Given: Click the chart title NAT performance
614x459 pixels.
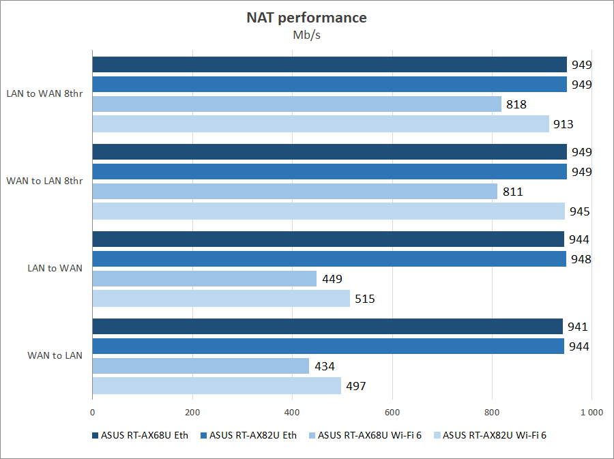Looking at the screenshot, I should click(x=306, y=18).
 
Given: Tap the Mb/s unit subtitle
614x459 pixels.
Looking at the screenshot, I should click(x=306, y=35).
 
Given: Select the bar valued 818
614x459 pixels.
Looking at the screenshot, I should click(x=297, y=104).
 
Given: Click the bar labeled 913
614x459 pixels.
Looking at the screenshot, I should click(x=321, y=124).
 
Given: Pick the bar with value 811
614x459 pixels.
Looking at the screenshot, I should click(x=295, y=192).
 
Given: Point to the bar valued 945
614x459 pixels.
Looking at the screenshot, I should click(x=329, y=211).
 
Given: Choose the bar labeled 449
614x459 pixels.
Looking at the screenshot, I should click(x=205, y=279).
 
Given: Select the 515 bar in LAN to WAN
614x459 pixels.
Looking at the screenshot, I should click(x=221, y=299).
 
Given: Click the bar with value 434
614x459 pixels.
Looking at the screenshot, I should click(x=201, y=366).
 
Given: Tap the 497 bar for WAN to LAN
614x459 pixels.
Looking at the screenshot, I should click(x=217, y=386).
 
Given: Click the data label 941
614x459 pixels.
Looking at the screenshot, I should click(x=578, y=327).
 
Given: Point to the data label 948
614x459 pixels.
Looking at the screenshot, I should click(x=580, y=259).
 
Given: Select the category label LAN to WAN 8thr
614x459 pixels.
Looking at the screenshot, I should click(x=44, y=94).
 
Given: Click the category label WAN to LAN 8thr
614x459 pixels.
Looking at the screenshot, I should click(x=44, y=181).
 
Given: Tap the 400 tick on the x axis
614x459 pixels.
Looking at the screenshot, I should click(x=292, y=412).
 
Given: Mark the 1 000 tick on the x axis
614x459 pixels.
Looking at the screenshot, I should click(x=591, y=412).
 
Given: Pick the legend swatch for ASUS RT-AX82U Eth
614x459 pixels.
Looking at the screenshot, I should click(x=203, y=435).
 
